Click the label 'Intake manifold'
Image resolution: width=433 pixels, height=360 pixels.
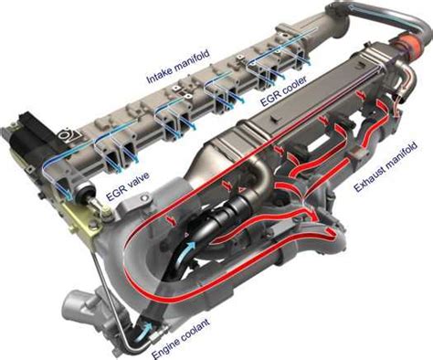pyautogui.click(x=178, y=67)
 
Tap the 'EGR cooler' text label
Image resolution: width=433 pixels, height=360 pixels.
pyautogui.click(x=283, y=91)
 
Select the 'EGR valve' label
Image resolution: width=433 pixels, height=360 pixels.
pyautogui.click(x=128, y=186)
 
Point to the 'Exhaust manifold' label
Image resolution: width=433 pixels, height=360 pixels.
pyautogui.click(x=385, y=166)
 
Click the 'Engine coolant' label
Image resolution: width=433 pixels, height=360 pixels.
pyautogui.click(x=180, y=338)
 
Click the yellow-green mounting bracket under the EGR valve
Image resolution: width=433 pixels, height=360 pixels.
pyautogui.click(x=79, y=219)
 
